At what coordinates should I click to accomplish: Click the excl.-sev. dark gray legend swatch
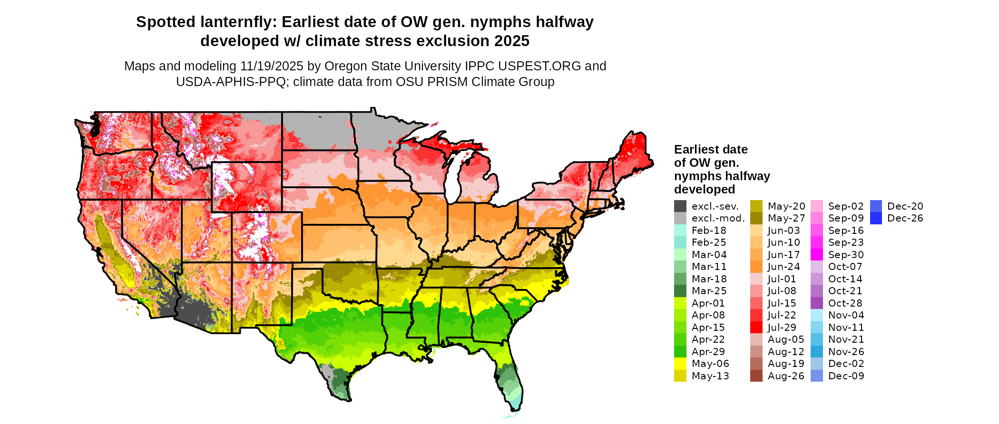(x=680, y=206)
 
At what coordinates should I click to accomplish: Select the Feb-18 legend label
(x=709, y=231)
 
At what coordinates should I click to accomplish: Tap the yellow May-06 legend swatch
(x=680, y=364)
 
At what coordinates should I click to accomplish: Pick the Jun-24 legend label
(x=784, y=267)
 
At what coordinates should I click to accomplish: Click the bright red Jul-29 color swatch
(x=756, y=328)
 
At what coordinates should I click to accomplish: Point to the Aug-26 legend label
(x=786, y=376)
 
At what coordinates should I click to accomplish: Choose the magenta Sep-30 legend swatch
(x=817, y=255)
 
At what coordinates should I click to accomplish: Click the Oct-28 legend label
(x=845, y=303)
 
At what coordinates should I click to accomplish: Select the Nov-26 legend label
(x=846, y=352)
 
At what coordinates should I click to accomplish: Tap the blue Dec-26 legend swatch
(x=876, y=218)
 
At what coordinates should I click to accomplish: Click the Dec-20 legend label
(x=905, y=206)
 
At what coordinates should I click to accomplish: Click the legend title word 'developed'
(x=705, y=189)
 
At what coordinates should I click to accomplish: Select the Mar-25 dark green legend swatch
(x=680, y=291)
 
